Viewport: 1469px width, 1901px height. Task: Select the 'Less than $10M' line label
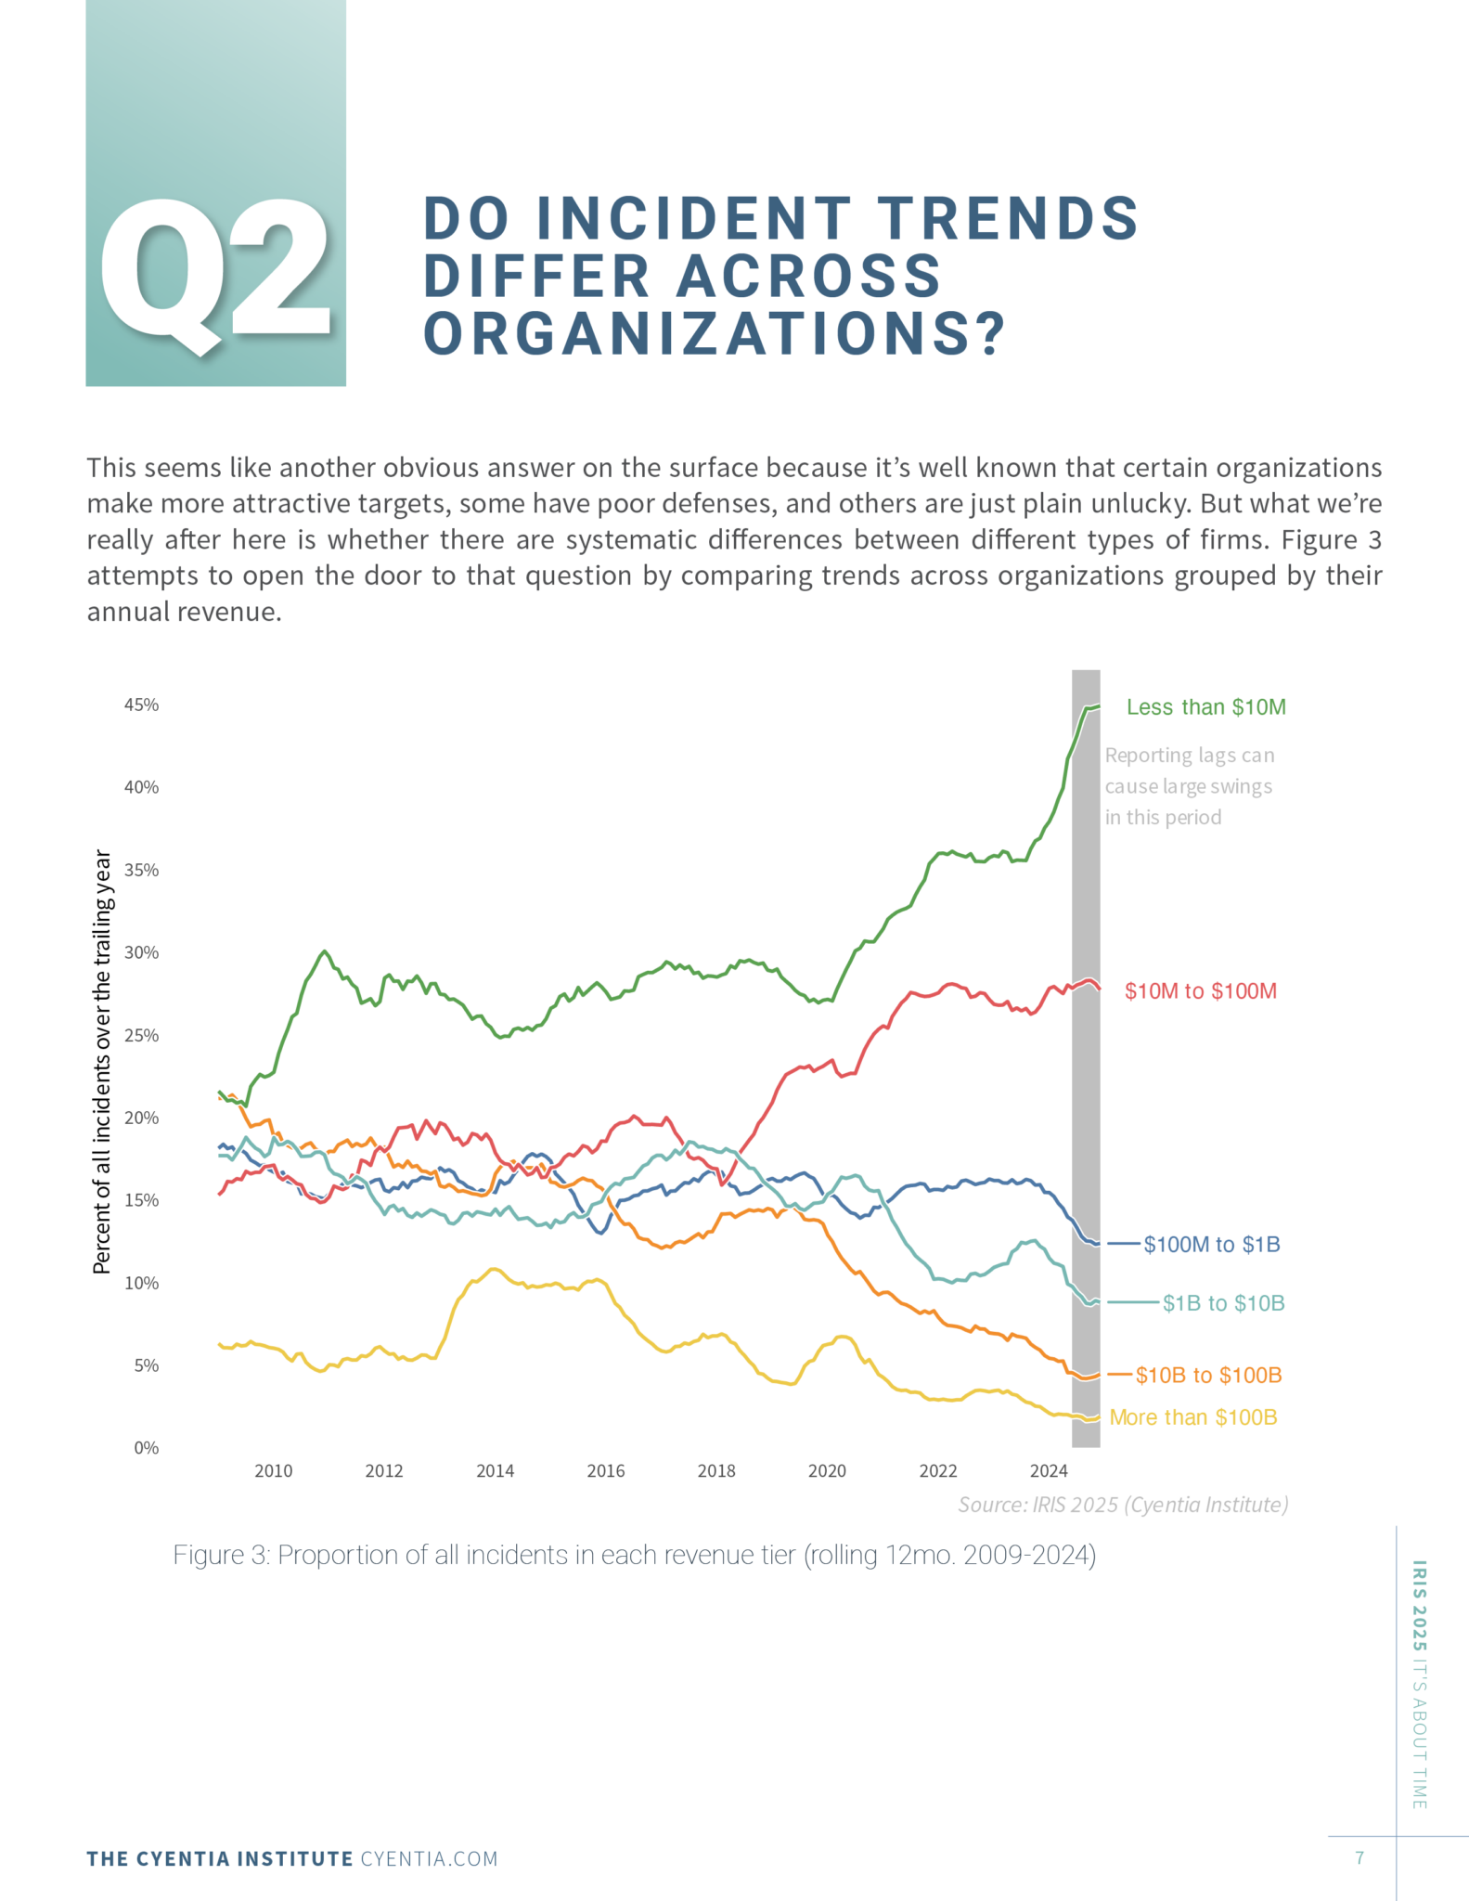coord(1205,707)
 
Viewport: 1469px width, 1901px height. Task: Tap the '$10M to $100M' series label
coord(1200,991)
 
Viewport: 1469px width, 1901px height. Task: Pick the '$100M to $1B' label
coord(1211,1245)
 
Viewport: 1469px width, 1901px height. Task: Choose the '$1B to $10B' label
coord(1223,1303)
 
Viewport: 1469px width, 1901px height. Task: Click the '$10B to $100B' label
coord(1208,1376)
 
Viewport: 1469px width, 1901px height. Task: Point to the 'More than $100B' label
coord(1192,1417)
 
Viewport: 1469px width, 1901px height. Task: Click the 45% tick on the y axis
coord(141,705)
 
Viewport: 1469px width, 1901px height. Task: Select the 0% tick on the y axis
coord(146,1448)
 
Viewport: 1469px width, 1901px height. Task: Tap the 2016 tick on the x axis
coord(605,1471)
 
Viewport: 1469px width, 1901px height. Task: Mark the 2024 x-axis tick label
coord(1048,1471)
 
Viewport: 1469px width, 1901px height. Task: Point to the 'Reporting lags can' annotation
coord(1189,756)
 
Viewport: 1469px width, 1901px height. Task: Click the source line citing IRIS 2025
coord(1122,1505)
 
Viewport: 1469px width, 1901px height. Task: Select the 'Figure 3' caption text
coord(634,1555)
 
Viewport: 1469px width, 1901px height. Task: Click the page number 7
coord(1359,1857)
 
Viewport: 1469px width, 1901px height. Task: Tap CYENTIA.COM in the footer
coord(429,1858)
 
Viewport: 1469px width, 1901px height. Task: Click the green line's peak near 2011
coord(324,951)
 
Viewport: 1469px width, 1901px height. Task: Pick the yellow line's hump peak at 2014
coord(494,1268)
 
